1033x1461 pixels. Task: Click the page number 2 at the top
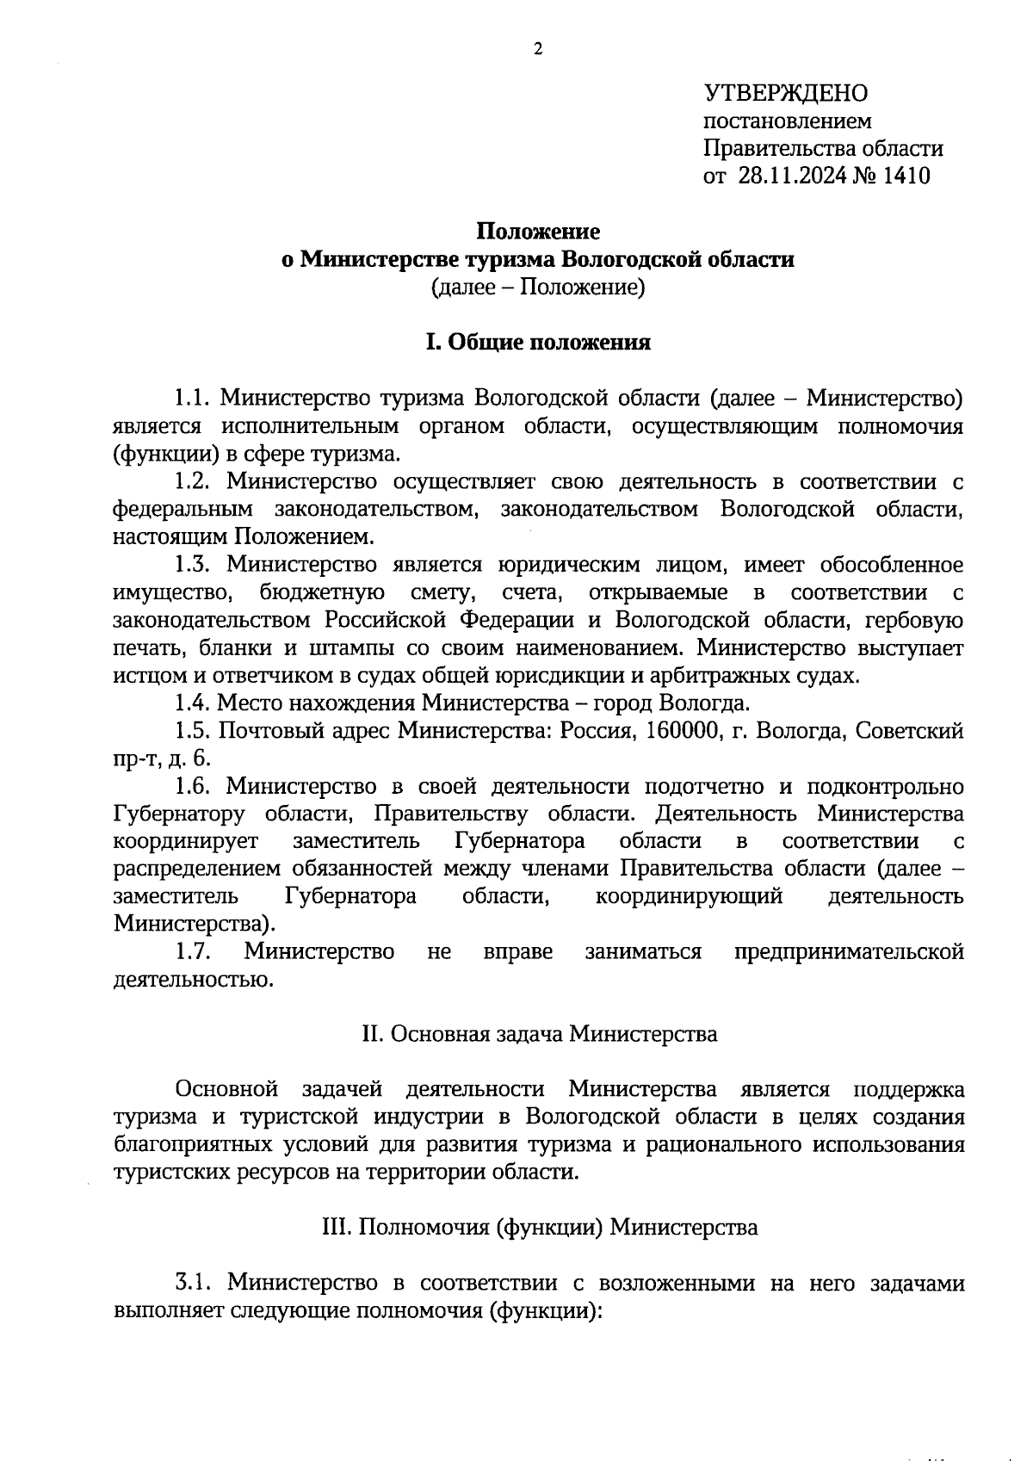(x=539, y=50)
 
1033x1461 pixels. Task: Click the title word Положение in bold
(x=539, y=232)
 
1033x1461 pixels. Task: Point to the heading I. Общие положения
(x=539, y=343)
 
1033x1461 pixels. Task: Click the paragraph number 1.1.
(x=193, y=399)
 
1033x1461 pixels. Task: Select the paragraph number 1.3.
(x=193, y=565)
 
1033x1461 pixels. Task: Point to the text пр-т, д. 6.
(x=161, y=758)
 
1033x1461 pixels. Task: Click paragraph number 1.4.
(x=193, y=703)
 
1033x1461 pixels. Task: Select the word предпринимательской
(x=849, y=952)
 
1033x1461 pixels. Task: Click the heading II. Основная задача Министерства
(x=539, y=1034)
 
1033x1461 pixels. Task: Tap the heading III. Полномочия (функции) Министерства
(x=539, y=1228)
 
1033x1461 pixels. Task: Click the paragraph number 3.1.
(x=193, y=1284)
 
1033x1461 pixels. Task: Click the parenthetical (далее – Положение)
(x=539, y=287)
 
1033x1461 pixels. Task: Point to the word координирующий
(x=689, y=897)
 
